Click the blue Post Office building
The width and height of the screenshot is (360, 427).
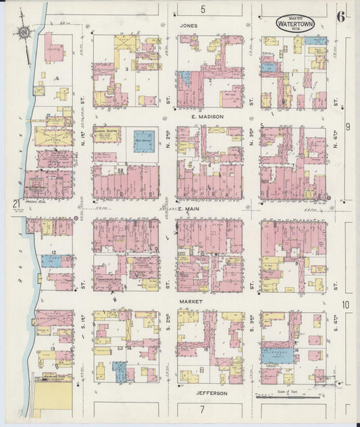pyautogui.click(x=143, y=141)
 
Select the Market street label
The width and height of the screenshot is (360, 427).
pyautogui.click(x=191, y=301)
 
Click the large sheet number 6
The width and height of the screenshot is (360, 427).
pyautogui.click(x=341, y=16)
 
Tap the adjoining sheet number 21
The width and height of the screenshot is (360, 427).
pyautogui.click(x=14, y=203)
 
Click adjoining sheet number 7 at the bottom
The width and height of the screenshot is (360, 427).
pyautogui.click(x=201, y=409)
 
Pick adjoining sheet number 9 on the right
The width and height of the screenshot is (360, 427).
pyautogui.click(x=346, y=126)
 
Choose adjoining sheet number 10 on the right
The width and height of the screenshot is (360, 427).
pyautogui.click(x=346, y=305)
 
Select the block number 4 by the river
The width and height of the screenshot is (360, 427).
pyautogui.click(x=57, y=79)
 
